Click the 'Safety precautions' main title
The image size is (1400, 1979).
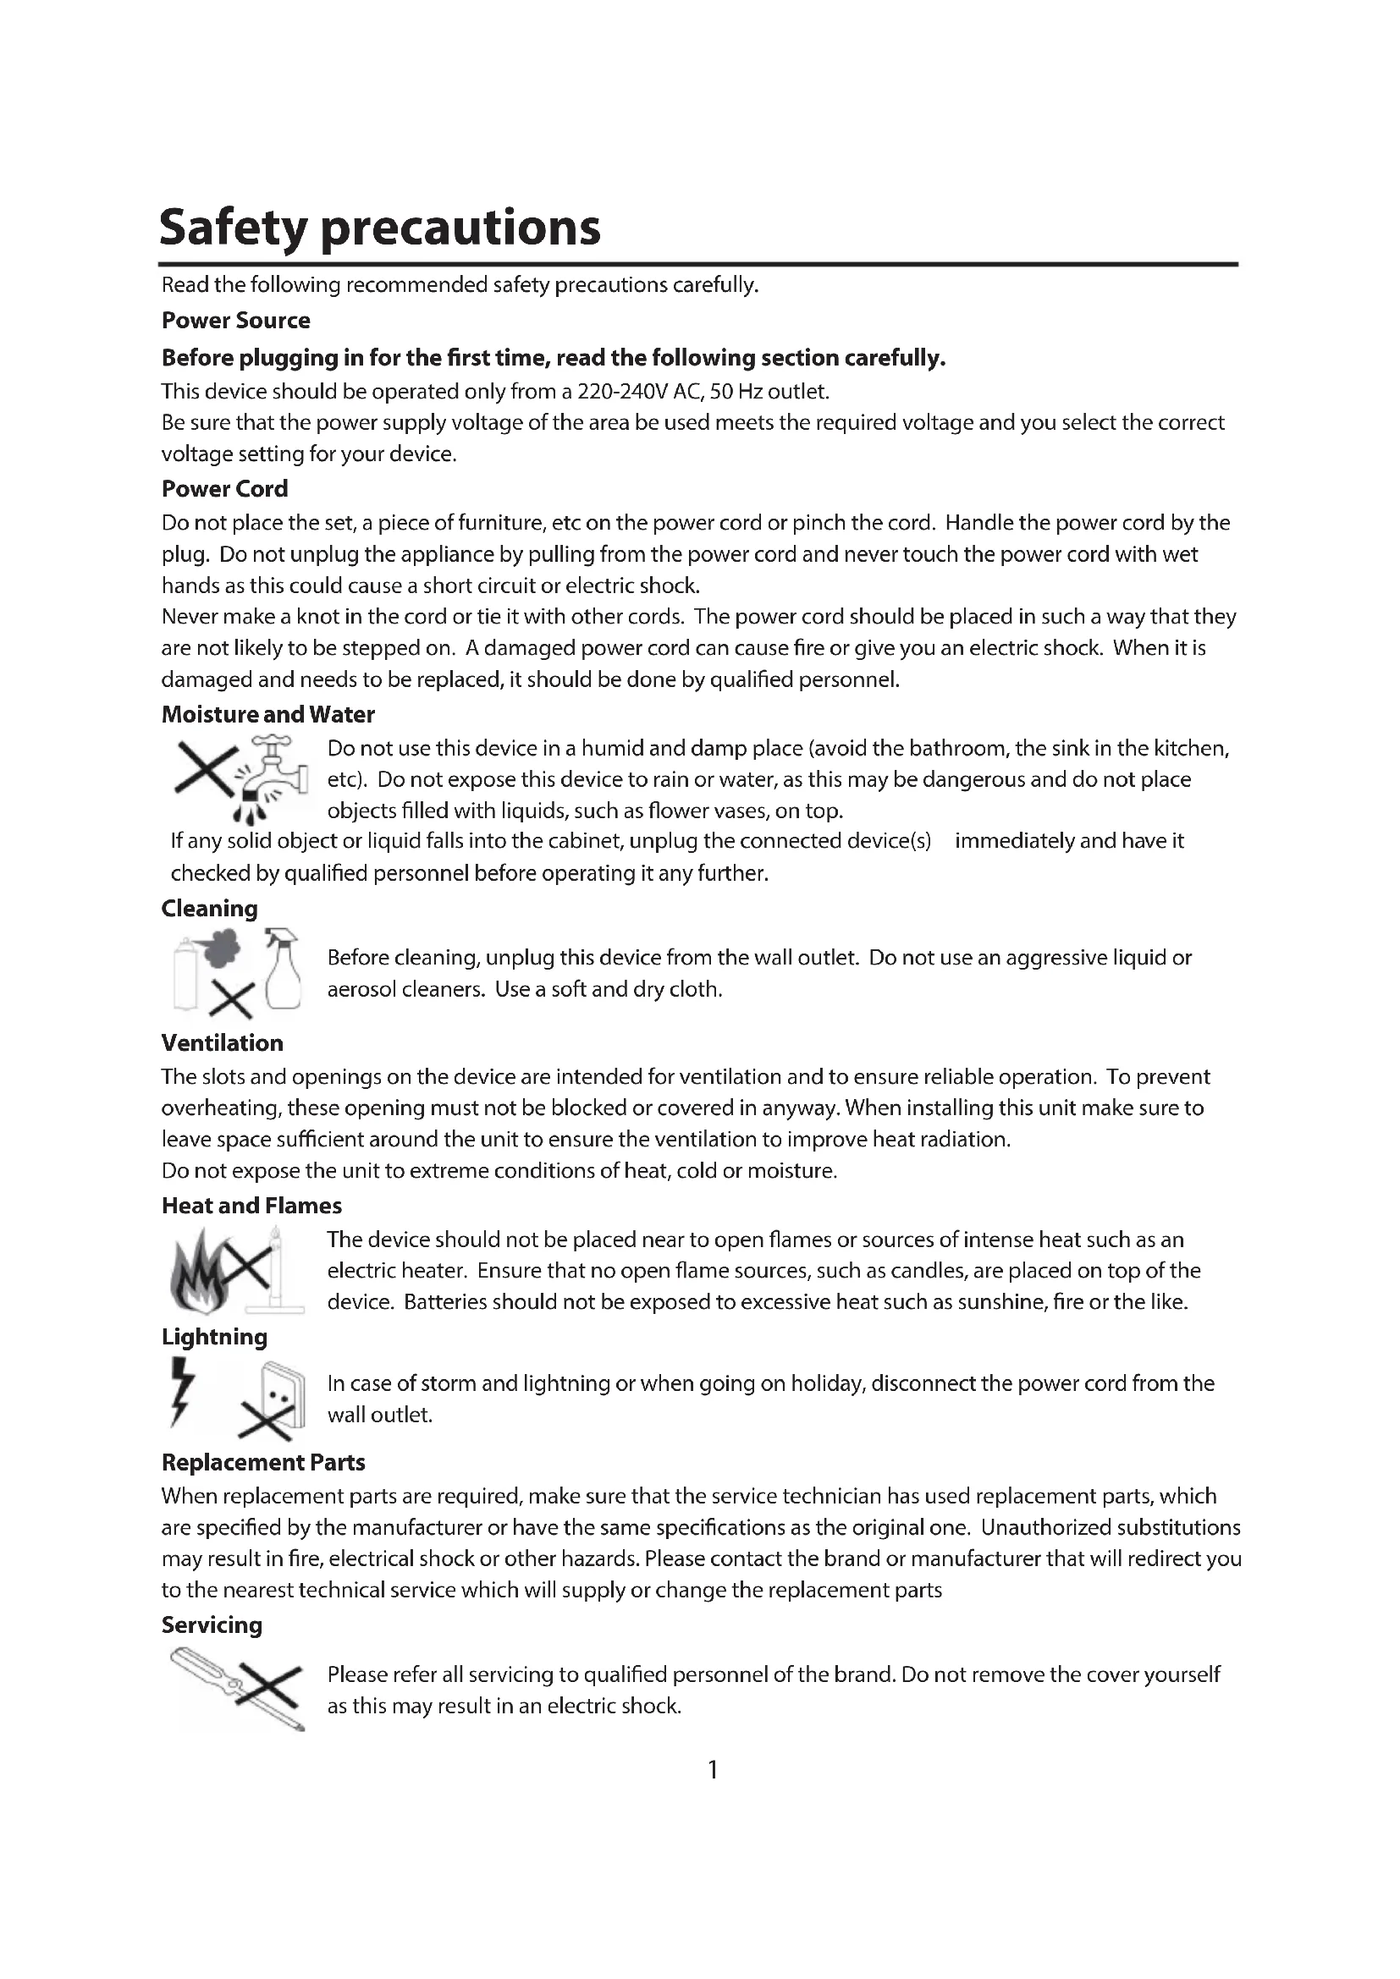(379, 228)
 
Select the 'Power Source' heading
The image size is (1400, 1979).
(235, 321)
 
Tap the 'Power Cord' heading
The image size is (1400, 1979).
(224, 489)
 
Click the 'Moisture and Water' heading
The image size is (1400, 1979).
(268, 715)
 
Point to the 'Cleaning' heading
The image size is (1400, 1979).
(209, 909)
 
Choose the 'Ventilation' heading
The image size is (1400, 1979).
(222, 1043)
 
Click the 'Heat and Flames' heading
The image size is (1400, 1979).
(251, 1206)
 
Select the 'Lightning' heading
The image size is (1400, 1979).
(215, 1337)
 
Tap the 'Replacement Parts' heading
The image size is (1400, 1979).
(263, 1463)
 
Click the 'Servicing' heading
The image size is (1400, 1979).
(212, 1625)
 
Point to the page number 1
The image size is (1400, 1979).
(713, 1770)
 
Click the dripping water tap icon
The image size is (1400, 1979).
(276, 772)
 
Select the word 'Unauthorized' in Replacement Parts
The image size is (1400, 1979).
(1044, 1528)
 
